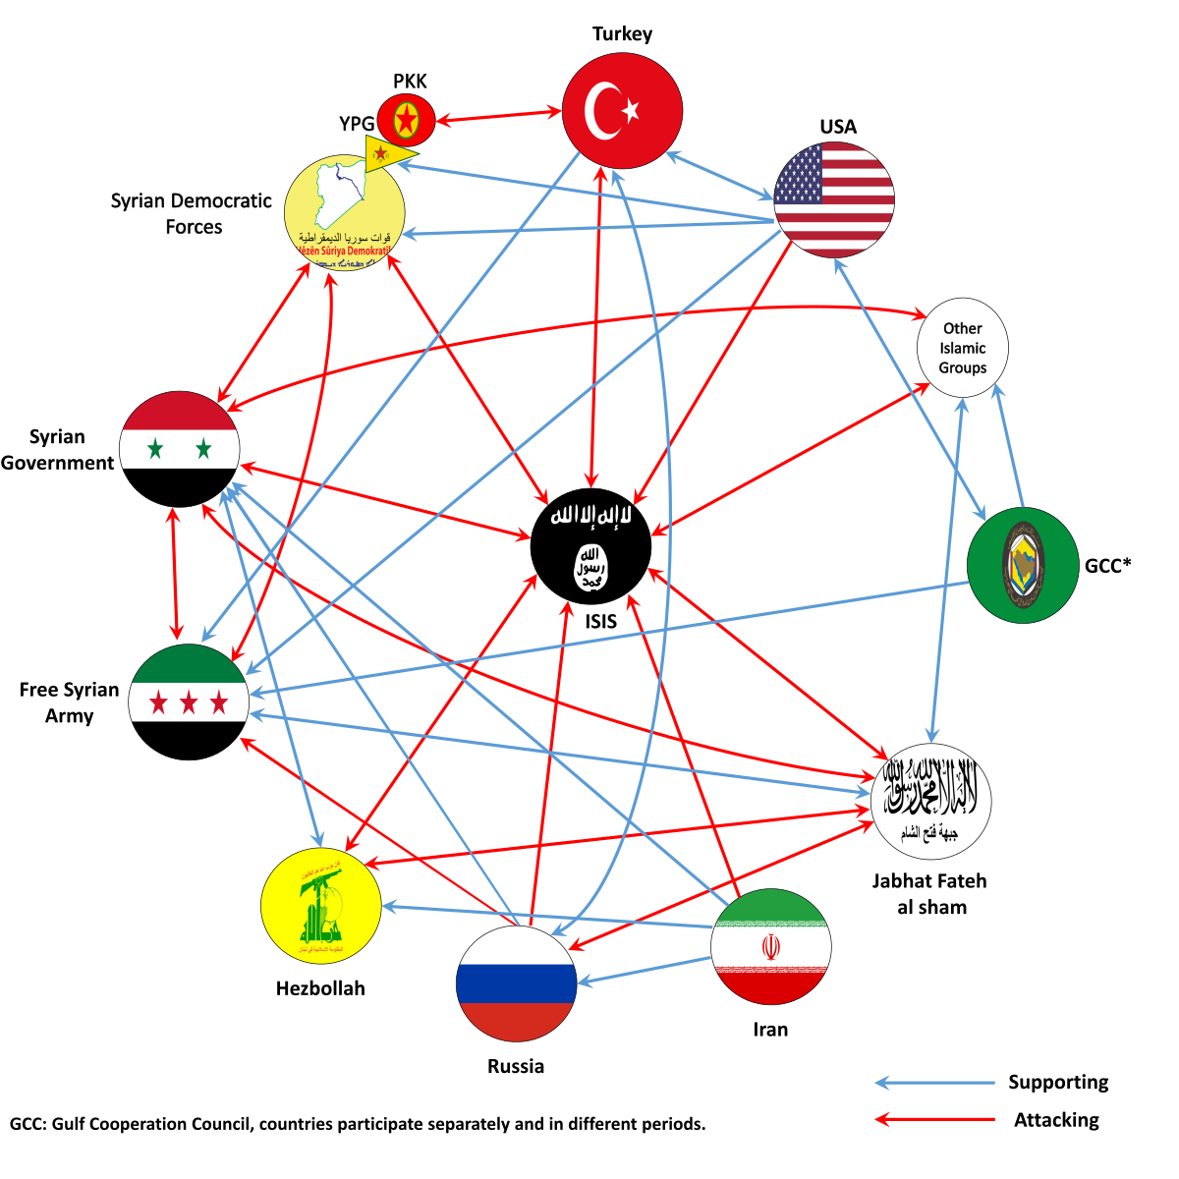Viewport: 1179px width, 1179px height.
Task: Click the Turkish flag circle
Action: point(622,110)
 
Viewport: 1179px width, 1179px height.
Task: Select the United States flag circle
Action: point(834,199)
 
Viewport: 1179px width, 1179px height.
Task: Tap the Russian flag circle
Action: point(516,982)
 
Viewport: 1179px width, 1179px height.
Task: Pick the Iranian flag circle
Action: point(771,947)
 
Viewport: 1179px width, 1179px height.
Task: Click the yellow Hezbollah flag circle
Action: point(320,906)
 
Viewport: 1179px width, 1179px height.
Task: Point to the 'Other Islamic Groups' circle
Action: point(963,348)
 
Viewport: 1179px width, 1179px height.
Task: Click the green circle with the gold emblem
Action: point(1023,565)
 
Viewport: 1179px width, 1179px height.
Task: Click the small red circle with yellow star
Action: point(406,120)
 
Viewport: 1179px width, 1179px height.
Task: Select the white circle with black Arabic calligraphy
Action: point(930,801)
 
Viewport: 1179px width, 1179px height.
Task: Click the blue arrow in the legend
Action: point(934,1083)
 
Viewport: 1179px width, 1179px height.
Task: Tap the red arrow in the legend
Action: point(934,1118)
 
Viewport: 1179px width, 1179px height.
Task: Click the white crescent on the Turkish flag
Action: point(600,110)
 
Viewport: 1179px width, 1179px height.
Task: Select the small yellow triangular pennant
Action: point(386,153)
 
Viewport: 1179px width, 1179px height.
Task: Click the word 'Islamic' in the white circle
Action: point(963,348)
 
